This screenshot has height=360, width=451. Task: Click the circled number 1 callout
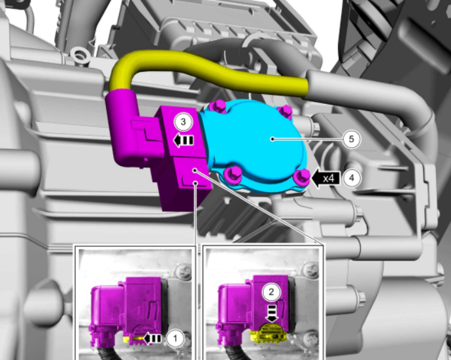(175, 338)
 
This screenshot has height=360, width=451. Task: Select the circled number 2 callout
(271, 292)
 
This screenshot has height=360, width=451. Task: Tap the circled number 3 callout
(183, 122)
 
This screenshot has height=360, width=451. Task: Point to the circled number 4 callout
(352, 178)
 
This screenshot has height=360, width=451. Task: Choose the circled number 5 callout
(351, 139)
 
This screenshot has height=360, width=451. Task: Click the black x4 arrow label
(326, 178)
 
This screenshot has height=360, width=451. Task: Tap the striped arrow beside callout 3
(184, 140)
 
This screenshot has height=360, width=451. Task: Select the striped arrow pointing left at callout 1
(152, 338)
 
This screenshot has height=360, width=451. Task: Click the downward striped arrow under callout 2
(271, 314)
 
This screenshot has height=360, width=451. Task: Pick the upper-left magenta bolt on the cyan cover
(218, 106)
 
